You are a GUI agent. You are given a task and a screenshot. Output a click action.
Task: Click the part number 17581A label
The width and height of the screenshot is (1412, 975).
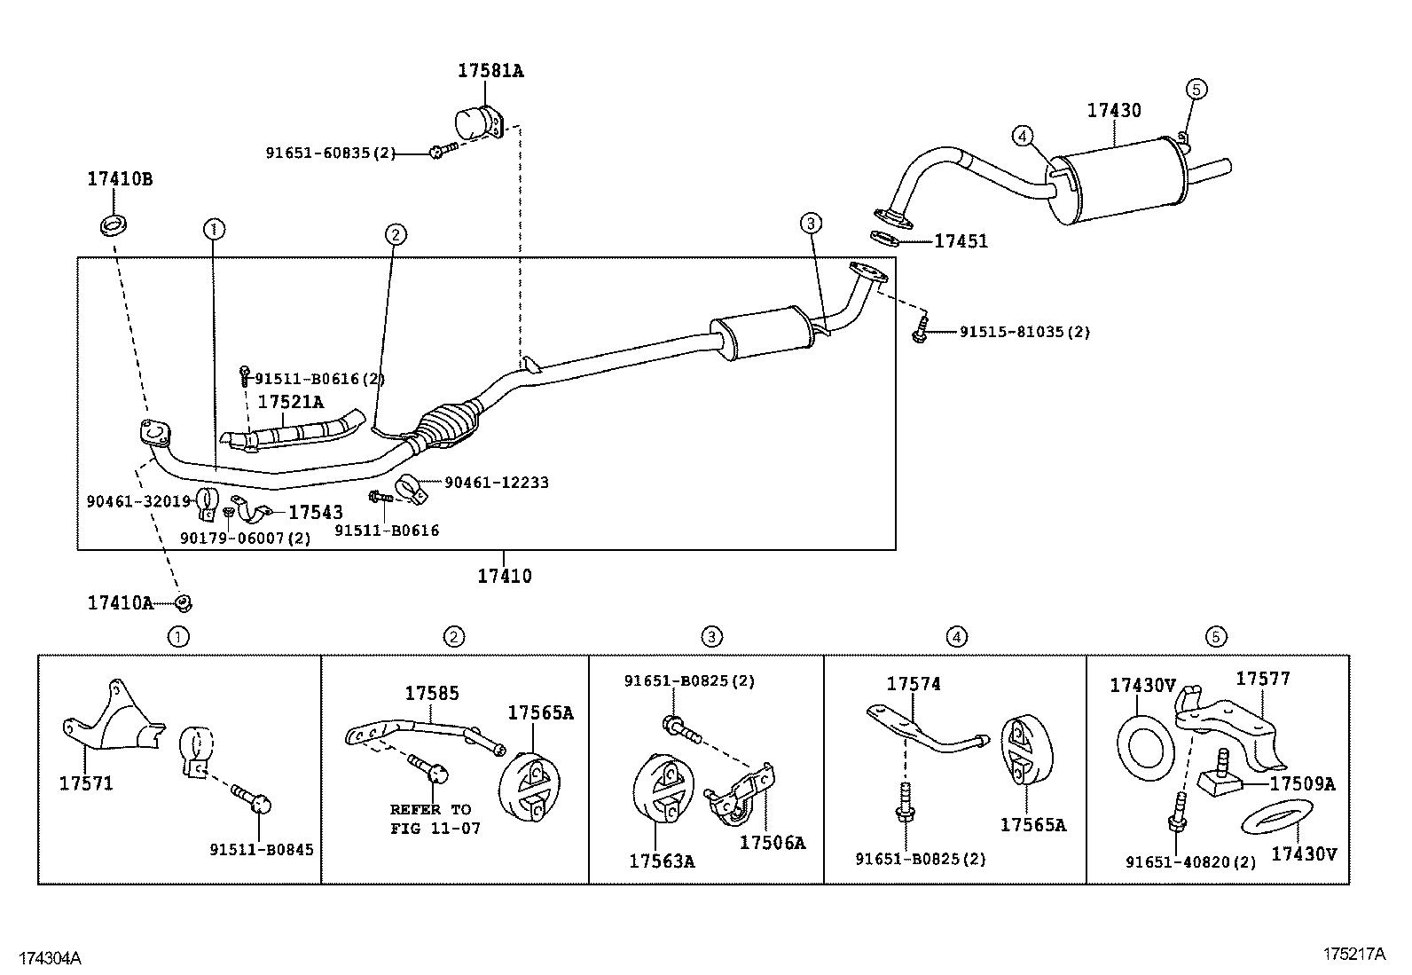pyautogui.click(x=490, y=71)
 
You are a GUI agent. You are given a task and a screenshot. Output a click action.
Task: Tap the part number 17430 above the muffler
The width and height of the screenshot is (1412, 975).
pyautogui.click(x=1114, y=111)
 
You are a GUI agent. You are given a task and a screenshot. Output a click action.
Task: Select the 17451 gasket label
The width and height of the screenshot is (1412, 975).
pyautogui.click(x=961, y=241)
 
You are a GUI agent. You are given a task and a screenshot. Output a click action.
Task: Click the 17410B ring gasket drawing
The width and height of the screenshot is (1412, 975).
pyautogui.click(x=113, y=224)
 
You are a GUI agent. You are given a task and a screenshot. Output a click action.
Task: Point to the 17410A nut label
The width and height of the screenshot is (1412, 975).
pyautogui.click(x=120, y=603)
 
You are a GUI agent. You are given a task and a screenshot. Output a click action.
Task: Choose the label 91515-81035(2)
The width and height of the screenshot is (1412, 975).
pyautogui.click(x=1024, y=332)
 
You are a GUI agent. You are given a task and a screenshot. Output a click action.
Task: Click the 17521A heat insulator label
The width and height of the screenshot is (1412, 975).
pyautogui.click(x=291, y=402)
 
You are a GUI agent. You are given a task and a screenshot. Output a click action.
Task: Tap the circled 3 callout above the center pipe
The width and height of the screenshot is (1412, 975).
pyautogui.click(x=811, y=224)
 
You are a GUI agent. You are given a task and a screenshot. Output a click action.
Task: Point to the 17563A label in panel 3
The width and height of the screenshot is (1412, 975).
pyautogui.click(x=662, y=861)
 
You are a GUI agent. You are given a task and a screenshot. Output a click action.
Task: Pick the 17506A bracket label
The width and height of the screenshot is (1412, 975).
pyautogui.click(x=773, y=843)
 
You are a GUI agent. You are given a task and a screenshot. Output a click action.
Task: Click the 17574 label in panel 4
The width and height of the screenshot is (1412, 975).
pyautogui.click(x=914, y=684)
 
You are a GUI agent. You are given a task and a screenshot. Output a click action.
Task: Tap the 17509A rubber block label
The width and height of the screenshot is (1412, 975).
pyautogui.click(x=1302, y=784)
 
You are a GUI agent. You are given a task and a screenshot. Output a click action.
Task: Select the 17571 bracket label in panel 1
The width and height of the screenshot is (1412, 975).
pyautogui.click(x=86, y=784)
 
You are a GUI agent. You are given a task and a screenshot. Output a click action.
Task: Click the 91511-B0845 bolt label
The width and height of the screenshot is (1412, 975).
pyautogui.click(x=262, y=849)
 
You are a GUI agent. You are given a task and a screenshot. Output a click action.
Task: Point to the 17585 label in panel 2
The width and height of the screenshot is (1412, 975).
pyautogui.click(x=432, y=694)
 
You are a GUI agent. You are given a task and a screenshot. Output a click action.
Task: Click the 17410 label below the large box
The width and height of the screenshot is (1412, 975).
pyautogui.click(x=505, y=577)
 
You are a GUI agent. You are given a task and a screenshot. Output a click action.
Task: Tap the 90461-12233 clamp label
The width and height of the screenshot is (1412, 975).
pyautogui.click(x=496, y=483)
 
